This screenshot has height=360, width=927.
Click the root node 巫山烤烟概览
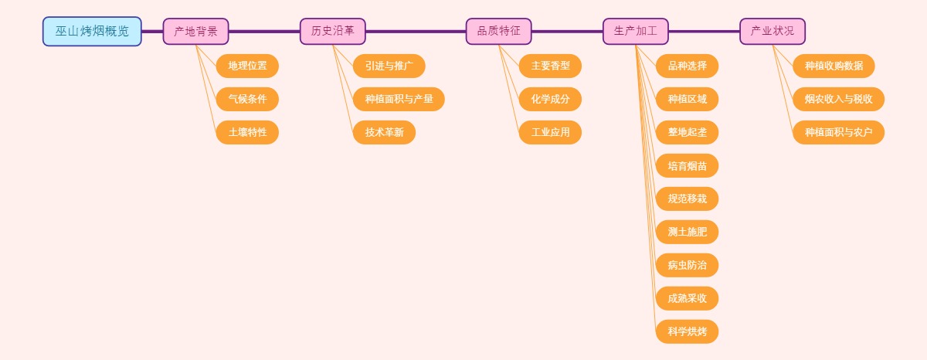tap(92, 32)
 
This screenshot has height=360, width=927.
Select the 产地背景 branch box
tap(195, 32)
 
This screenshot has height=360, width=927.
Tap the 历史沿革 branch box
tap(332, 32)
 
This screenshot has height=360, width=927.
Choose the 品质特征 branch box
tap(498, 32)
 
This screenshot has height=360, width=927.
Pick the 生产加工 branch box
tap(635, 32)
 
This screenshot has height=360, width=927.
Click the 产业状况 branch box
tap(772, 32)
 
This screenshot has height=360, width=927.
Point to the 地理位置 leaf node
tap(247, 66)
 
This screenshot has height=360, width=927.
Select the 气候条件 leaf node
tap(247, 100)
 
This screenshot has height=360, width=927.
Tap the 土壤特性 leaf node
tap(247, 133)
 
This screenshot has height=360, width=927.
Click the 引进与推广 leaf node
tap(389, 66)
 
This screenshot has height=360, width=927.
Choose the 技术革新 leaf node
tap(384, 133)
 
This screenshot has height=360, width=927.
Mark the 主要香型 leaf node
tap(550, 66)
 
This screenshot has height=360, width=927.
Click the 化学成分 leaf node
tap(550, 100)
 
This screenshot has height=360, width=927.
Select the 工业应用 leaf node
tap(550, 133)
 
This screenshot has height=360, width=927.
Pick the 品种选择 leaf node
tap(687, 66)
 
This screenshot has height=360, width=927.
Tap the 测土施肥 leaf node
tap(687, 233)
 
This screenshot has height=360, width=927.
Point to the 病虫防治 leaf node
tap(687, 266)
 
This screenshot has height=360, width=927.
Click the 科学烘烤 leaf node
tap(687, 332)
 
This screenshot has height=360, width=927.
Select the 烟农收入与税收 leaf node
tap(838, 100)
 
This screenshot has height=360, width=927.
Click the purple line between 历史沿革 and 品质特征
tap(416, 32)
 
